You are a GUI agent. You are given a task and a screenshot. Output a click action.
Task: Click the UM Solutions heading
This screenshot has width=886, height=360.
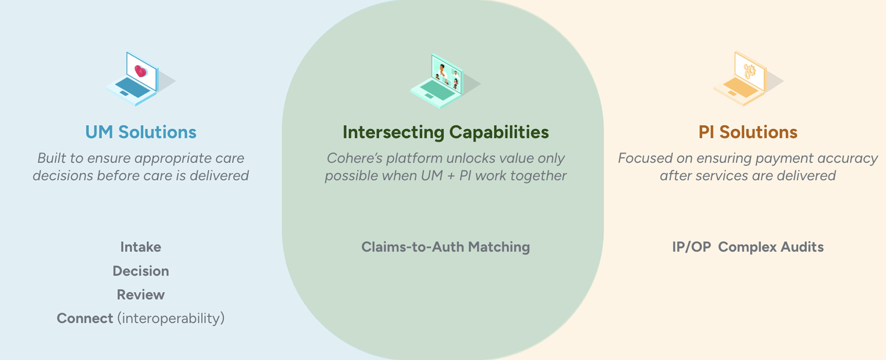click(140, 132)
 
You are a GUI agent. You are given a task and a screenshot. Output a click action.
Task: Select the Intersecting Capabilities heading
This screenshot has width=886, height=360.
click(445, 132)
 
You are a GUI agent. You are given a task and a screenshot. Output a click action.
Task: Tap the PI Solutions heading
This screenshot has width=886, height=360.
click(747, 132)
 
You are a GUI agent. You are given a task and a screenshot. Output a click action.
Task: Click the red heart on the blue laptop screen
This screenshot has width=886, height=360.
click(140, 71)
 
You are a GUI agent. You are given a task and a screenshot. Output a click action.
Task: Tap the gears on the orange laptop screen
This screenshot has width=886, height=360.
click(749, 71)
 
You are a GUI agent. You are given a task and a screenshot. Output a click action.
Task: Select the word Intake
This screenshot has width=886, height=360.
click(140, 247)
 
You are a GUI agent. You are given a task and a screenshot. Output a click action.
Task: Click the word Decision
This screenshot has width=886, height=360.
click(140, 271)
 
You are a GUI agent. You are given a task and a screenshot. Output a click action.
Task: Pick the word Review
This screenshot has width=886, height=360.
click(140, 295)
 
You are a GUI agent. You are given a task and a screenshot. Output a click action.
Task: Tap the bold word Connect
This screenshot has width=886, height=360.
click(85, 319)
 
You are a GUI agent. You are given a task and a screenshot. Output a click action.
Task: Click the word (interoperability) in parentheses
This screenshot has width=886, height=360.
click(171, 319)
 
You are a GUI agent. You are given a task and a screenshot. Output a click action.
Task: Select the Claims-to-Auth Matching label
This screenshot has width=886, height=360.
click(445, 247)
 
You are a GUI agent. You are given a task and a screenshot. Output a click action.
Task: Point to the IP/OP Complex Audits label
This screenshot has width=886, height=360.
click(747, 247)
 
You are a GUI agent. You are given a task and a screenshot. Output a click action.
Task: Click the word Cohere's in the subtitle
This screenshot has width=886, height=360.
click(354, 158)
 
